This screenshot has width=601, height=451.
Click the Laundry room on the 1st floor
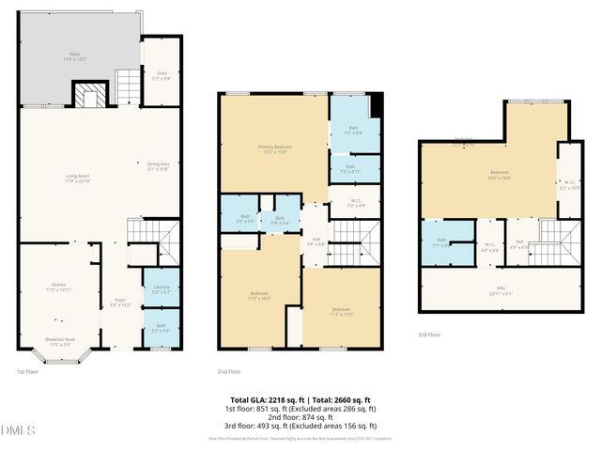[x=161, y=289]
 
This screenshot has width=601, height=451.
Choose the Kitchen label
[x=58, y=288]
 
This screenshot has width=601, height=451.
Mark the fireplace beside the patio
[x=91, y=95]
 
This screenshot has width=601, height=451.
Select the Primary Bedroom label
[x=273, y=149]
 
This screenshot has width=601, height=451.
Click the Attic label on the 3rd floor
[x=494, y=289]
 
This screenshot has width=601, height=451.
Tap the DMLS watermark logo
[x=19, y=430]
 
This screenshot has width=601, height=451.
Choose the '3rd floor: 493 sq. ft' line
[x=300, y=422]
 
